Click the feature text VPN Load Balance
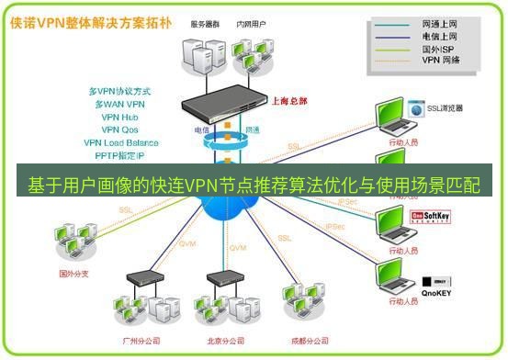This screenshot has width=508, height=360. click(120, 142)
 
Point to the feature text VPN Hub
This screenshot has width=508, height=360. click(120, 117)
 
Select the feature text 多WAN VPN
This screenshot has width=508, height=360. click(120, 104)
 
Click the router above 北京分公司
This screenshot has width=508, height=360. click(222, 276)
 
